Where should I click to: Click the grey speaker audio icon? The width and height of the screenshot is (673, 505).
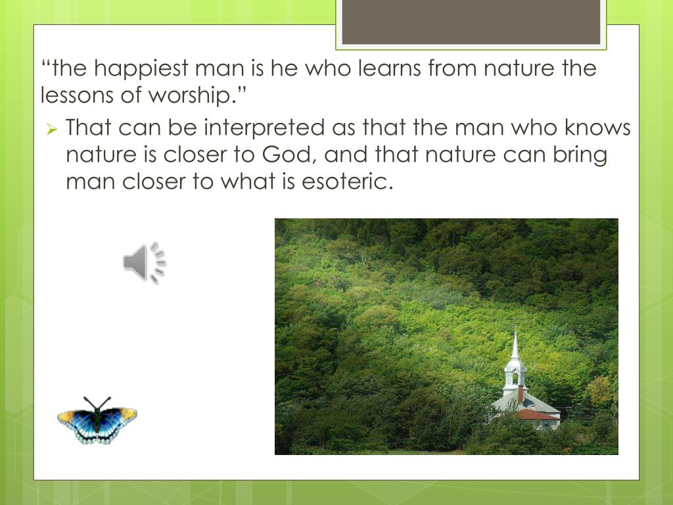click(x=144, y=262)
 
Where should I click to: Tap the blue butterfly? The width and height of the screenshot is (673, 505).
click(x=97, y=420)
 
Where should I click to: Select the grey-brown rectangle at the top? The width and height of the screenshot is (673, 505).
click(x=471, y=22)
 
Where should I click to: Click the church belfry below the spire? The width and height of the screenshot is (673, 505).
click(x=515, y=375)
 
